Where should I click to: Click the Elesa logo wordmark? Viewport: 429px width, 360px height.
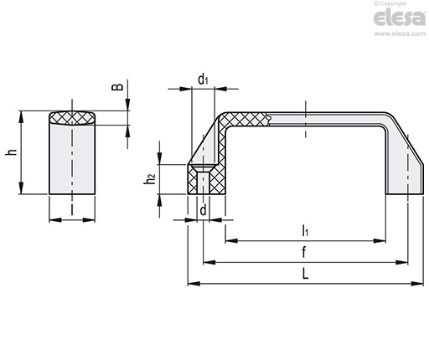coord(400,18)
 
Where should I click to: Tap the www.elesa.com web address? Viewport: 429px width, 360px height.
coord(400,33)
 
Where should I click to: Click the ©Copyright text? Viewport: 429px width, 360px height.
coord(390,3)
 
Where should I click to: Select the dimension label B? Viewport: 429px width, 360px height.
coord(117,87)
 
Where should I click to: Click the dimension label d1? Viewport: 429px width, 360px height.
coord(203,80)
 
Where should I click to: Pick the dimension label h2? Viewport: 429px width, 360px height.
coord(150,178)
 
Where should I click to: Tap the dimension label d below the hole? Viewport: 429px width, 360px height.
coord(204,210)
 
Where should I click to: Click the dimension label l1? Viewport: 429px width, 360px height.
coord(305,230)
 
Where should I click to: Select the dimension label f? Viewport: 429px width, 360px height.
coord(304,252)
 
